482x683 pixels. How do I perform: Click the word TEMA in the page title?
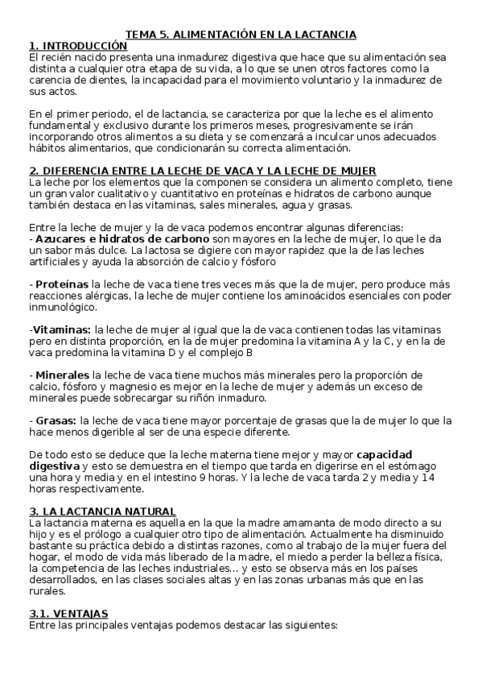pos(141,35)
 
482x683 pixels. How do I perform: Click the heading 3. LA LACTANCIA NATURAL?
pos(102,511)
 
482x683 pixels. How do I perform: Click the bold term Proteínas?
pos(61,284)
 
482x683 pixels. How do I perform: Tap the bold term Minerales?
pos(62,375)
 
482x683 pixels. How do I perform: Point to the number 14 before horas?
pos(428,478)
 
